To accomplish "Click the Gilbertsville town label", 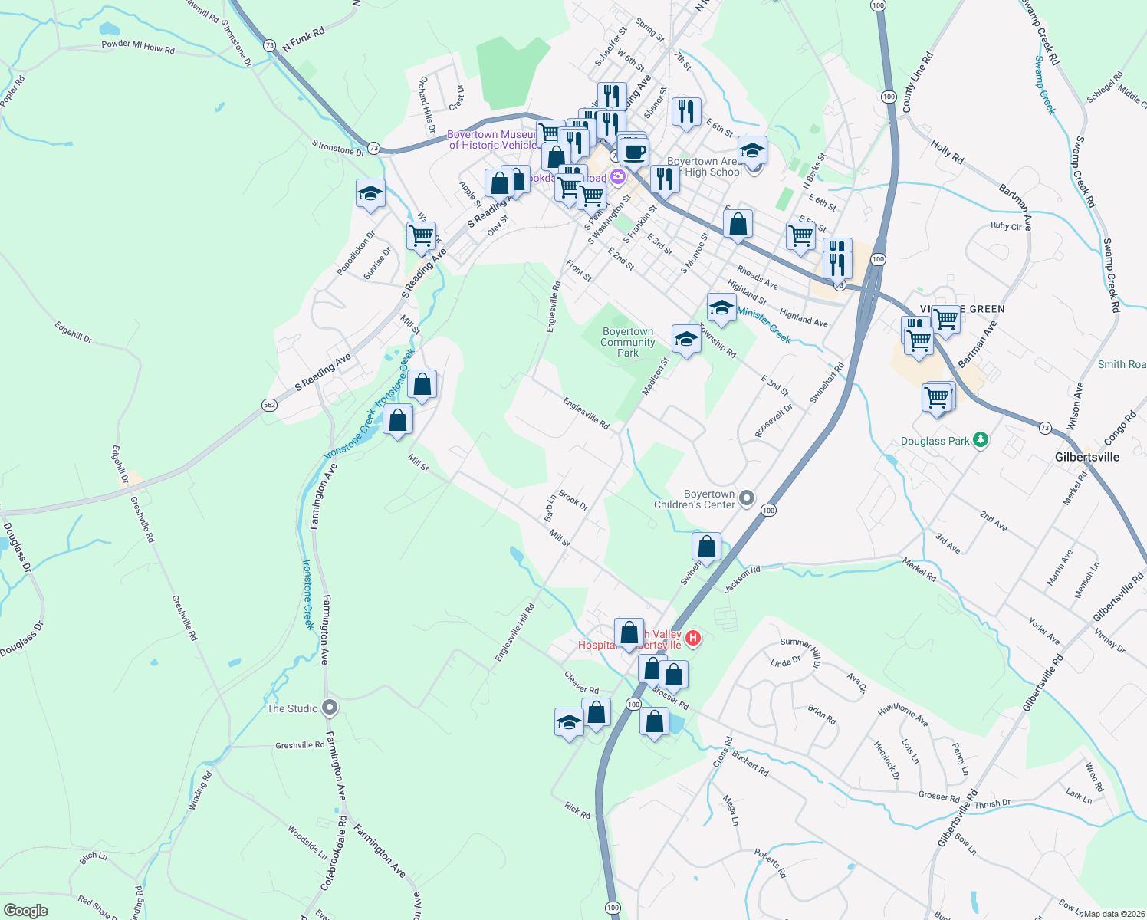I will [x=1086, y=457].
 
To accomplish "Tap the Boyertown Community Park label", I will [x=627, y=343].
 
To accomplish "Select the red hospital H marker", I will [x=693, y=638].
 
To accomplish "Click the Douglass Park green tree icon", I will [x=980, y=440].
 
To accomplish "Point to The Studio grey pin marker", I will [x=330, y=708].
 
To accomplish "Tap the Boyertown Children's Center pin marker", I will [x=748, y=499].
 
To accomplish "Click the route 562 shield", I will [x=269, y=405].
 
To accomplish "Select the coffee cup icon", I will [x=634, y=152].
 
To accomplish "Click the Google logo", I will [x=25, y=911].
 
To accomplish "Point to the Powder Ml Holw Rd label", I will [x=138, y=47].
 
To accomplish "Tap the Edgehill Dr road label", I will [x=74, y=331].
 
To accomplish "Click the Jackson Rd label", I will [x=742, y=579].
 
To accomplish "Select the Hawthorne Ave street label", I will [x=903, y=715].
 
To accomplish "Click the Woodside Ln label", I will [x=307, y=843].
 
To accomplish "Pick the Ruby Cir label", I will [x=1006, y=226].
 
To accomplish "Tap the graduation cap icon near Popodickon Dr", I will [x=370, y=194].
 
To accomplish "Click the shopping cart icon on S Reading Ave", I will [x=421, y=237].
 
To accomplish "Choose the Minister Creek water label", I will [x=764, y=324].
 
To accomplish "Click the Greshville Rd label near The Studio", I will [x=300, y=745].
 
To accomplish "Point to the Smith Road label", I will [x=1122, y=365].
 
